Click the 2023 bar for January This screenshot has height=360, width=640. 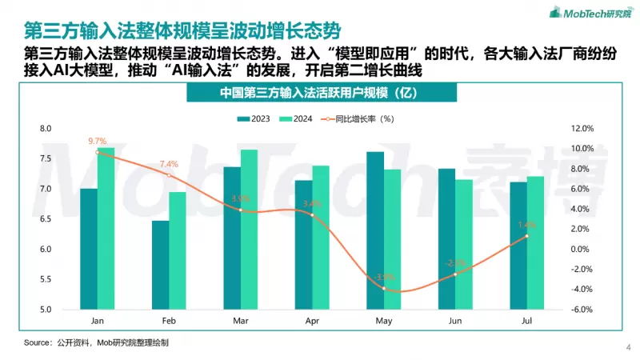88,249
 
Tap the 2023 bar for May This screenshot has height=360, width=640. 374,230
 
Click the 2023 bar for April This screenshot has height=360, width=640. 303,245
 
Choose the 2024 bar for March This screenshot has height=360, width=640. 249,230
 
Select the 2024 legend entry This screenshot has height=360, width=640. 296,118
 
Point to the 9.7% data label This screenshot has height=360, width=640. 98,141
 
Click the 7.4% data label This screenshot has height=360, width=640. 169,164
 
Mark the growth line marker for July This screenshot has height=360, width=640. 526,236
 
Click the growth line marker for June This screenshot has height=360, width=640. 454,274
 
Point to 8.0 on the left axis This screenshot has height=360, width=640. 45,128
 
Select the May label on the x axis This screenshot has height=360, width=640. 383,321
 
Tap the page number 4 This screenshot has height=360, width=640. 627,347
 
